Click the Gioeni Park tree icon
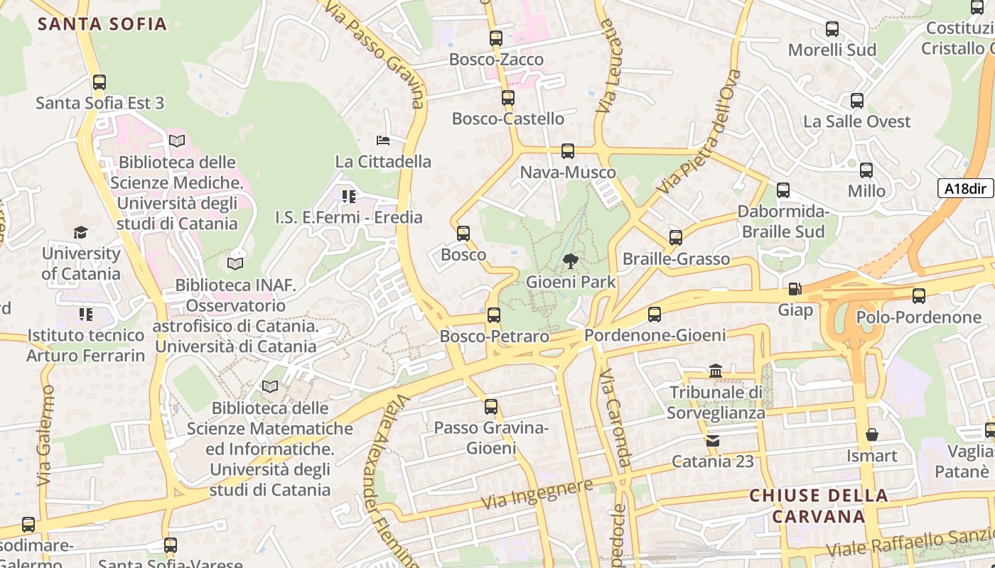coord(570,261)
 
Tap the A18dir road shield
coord(966,188)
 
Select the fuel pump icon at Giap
coord(795,290)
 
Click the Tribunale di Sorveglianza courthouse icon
coord(716,371)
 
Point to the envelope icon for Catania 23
coord(713,441)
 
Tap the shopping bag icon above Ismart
coord(871,435)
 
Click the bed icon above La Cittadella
coord(383,141)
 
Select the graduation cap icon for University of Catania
coord(80,233)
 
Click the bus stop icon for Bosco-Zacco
coord(496,38)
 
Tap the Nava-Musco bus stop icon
coord(567,151)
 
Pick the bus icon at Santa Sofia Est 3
coord(99,82)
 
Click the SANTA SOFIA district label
coord(102,24)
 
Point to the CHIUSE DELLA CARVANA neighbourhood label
coord(819,506)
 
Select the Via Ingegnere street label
coord(537,493)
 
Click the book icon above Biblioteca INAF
coord(235,264)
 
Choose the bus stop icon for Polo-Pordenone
coord(919,296)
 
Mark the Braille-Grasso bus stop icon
coord(676,238)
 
